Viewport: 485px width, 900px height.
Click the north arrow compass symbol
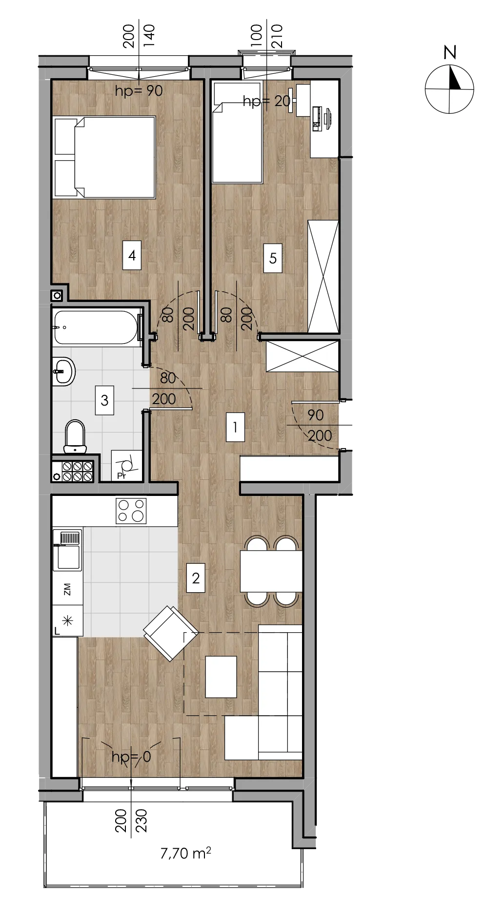(x=449, y=89)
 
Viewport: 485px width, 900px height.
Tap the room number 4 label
(x=132, y=255)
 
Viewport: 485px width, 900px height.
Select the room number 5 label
(x=273, y=257)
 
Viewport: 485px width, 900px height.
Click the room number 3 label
(x=104, y=400)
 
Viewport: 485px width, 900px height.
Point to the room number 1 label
(x=235, y=427)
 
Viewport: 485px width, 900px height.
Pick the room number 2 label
(x=196, y=578)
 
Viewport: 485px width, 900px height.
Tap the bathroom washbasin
(x=63, y=371)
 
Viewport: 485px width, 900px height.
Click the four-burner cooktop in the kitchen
(x=131, y=511)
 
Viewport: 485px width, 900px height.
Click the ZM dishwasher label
(x=67, y=589)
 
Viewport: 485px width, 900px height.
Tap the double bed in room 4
(x=104, y=157)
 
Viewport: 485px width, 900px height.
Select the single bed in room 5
(x=238, y=132)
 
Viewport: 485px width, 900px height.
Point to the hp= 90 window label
(x=139, y=91)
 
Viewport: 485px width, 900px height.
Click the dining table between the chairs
(x=271, y=571)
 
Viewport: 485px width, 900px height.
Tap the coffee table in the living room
(x=221, y=677)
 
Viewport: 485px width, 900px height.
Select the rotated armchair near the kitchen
(x=171, y=633)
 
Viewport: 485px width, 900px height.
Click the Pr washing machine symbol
(x=127, y=466)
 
